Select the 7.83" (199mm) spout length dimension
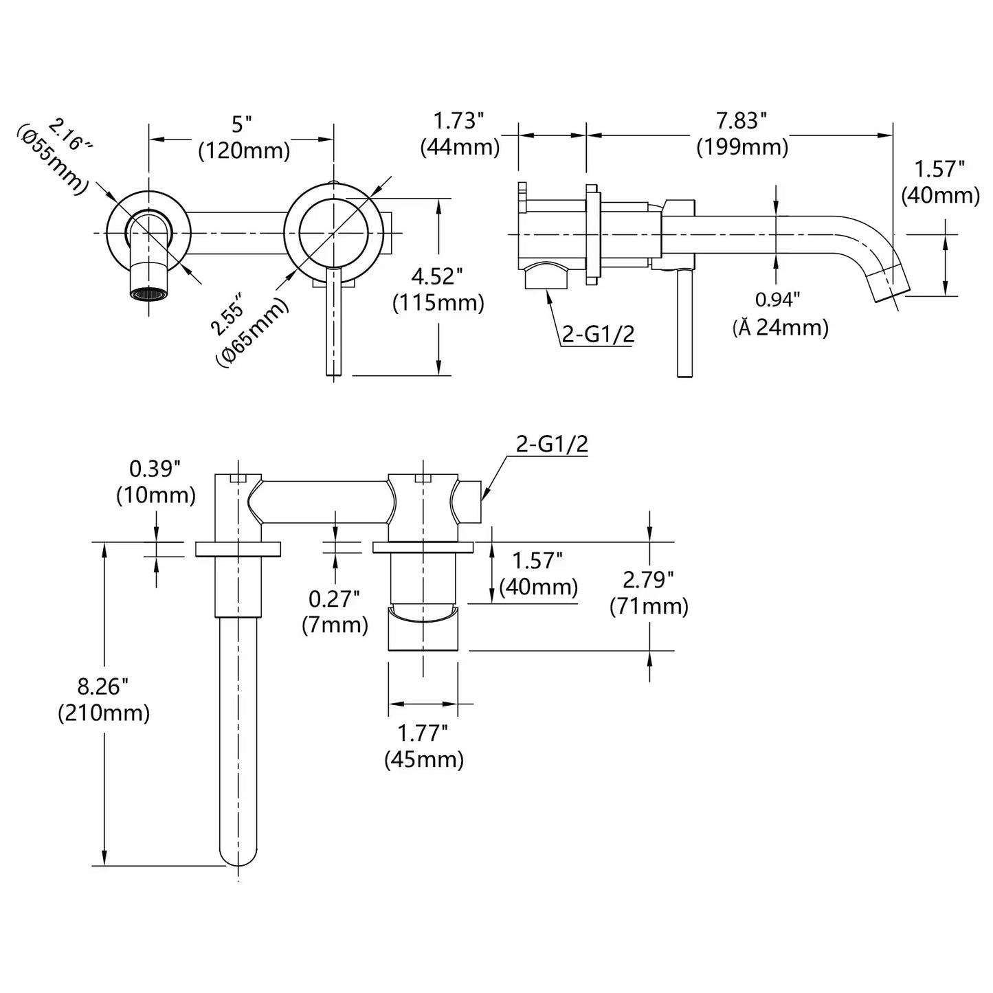point(742,134)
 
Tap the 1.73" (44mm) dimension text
point(460,134)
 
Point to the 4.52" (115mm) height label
point(438,289)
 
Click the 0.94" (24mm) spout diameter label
point(779,314)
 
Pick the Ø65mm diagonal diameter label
point(246,328)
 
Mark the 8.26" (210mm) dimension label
point(103,700)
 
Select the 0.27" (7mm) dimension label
point(335,612)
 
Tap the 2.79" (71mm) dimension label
point(649,593)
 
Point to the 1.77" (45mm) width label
point(423,746)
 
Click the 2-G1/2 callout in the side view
point(597,334)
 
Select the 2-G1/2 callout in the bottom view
point(552,445)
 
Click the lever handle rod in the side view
point(684,323)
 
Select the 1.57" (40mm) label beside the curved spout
point(939,182)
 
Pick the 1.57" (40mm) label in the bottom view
point(538,574)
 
